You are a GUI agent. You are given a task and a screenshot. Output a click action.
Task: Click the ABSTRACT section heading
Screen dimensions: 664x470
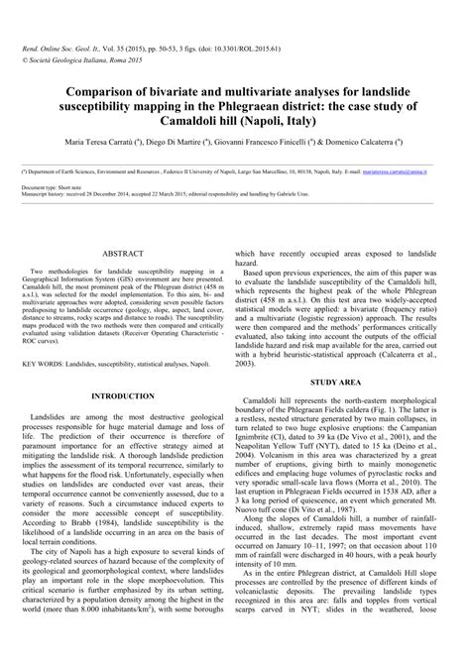click(x=120, y=254)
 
